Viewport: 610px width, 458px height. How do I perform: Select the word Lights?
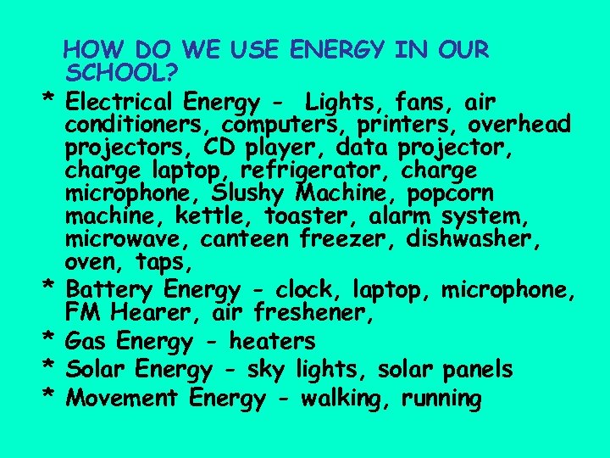click(x=347, y=103)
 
